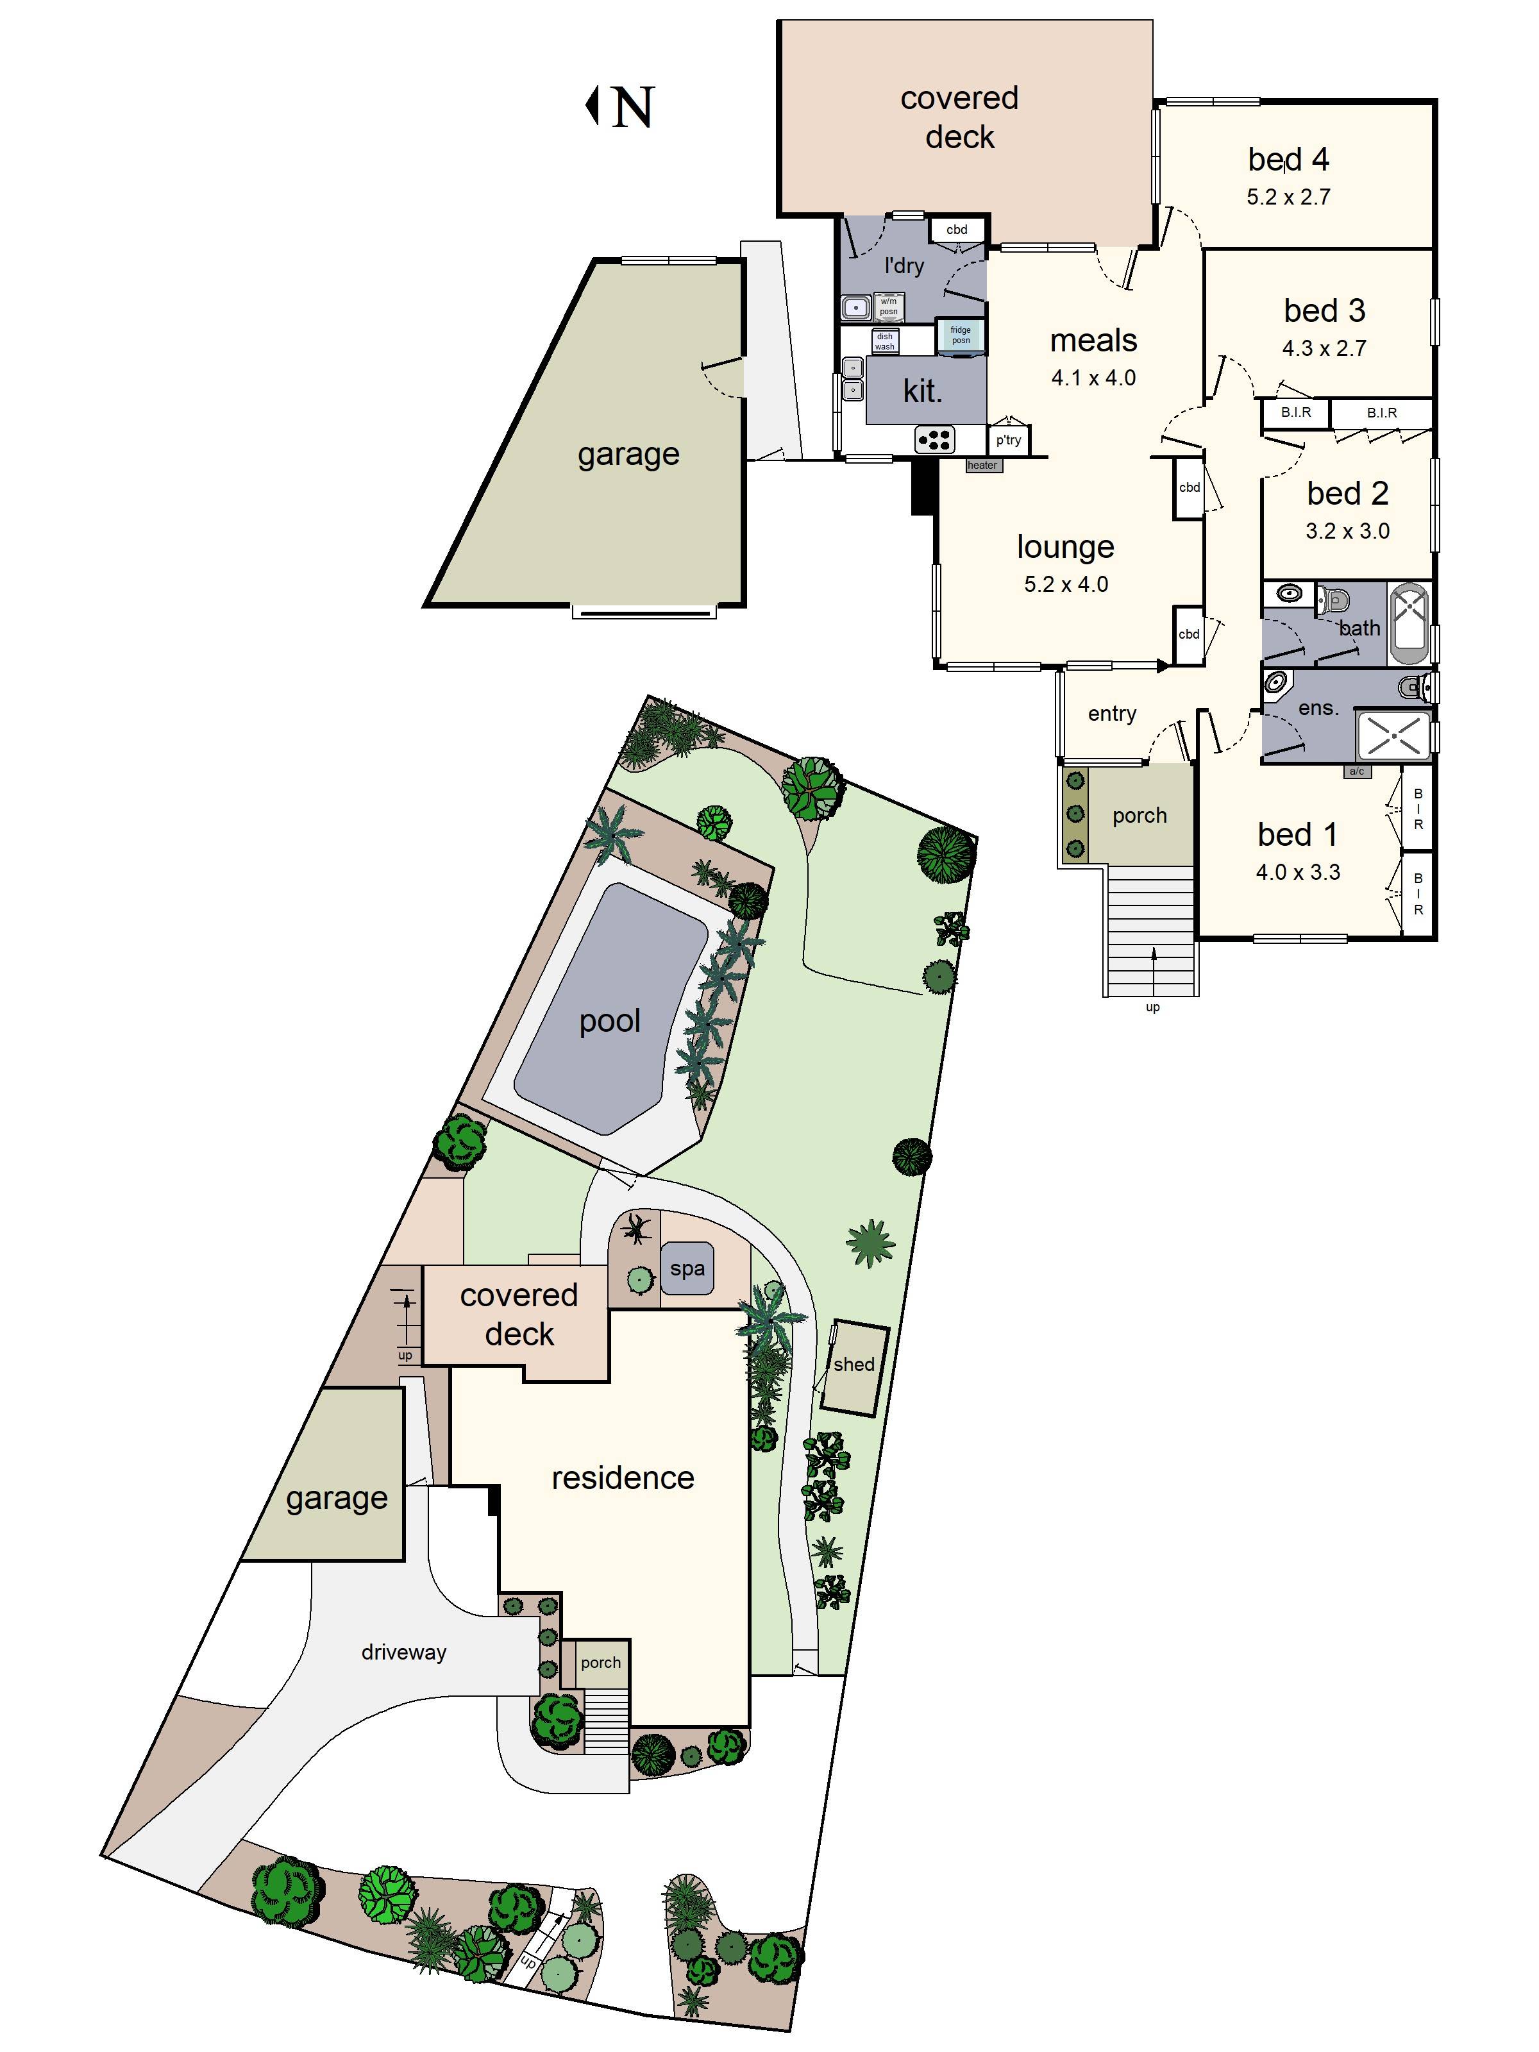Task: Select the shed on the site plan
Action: click(x=854, y=1367)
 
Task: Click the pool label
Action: click(x=609, y=1020)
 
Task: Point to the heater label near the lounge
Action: click(x=982, y=466)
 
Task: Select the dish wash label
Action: click(x=884, y=341)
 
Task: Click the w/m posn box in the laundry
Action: click(x=887, y=306)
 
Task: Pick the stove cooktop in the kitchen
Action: click(x=934, y=439)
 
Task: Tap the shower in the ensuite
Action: click(x=1393, y=736)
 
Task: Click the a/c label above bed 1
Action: click(x=1356, y=771)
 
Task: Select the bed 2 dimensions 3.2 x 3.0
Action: click(x=1347, y=530)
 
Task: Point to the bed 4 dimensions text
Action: click(x=1288, y=197)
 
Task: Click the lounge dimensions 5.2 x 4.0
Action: click(x=1066, y=584)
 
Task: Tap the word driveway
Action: click(x=403, y=1652)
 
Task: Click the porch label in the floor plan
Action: click(x=1139, y=816)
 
